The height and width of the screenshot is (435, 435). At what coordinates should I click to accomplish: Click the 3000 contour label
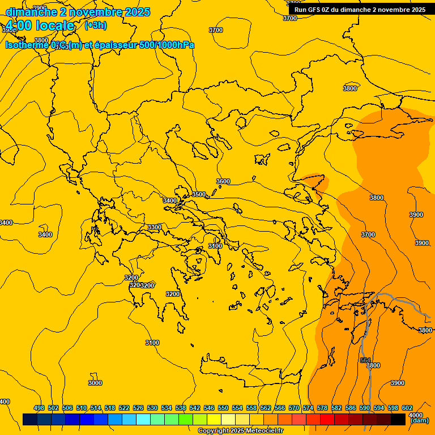tap(95, 383)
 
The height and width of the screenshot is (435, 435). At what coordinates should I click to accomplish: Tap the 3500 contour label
tap(199, 194)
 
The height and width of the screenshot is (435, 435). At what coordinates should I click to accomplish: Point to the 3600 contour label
tap(223, 181)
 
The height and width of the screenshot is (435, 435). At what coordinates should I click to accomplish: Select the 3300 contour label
tap(154, 227)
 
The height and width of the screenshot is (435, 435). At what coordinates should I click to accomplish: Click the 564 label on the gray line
tap(365, 360)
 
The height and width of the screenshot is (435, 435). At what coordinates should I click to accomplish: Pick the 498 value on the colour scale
tap(39, 408)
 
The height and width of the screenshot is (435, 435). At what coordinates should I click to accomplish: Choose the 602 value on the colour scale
tap(407, 408)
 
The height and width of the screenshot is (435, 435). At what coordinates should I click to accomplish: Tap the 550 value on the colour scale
tap(223, 408)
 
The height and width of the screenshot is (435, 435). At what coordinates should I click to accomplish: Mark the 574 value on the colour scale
tap(308, 408)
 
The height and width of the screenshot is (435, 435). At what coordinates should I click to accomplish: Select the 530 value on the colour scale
tap(152, 408)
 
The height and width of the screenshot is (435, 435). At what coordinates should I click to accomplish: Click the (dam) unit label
tap(419, 421)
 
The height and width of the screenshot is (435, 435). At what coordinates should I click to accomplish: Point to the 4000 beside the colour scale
tap(415, 415)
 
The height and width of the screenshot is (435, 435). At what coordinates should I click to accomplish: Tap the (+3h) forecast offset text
tap(95, 25)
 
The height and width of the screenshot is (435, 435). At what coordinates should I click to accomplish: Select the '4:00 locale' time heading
tap(40, 25)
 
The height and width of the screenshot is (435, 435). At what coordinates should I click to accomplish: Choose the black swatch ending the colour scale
tap(398, 419)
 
